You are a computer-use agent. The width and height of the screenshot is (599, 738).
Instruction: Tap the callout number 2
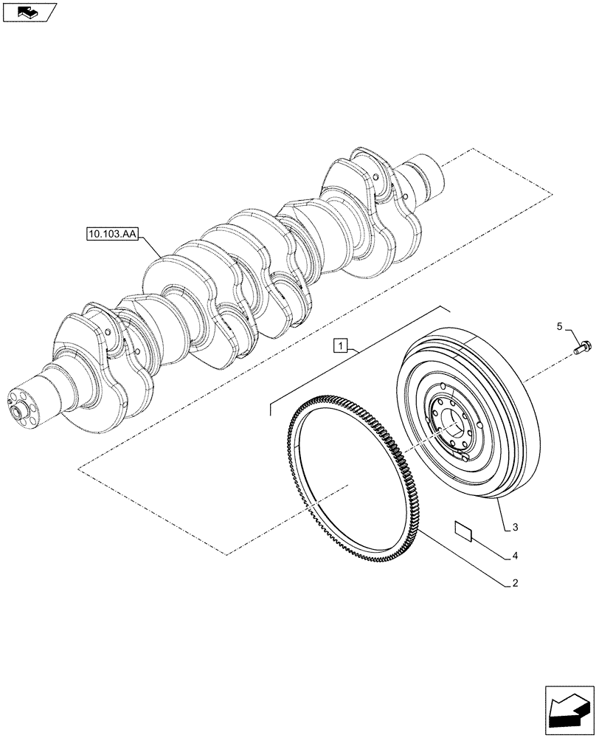[515, 583]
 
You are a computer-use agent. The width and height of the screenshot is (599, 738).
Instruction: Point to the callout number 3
[515, 527]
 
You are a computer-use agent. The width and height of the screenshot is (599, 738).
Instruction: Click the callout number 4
[515, 554]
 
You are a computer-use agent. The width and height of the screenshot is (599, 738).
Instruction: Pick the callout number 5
[559, 325]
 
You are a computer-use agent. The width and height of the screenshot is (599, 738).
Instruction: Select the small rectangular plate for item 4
[464, 531]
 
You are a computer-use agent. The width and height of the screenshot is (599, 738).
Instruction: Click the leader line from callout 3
[502, 514]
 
